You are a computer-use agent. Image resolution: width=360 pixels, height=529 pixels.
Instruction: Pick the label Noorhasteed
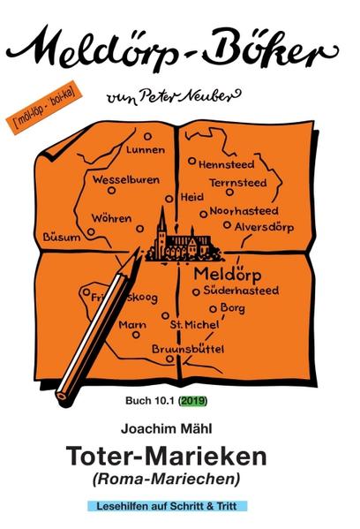245,212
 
